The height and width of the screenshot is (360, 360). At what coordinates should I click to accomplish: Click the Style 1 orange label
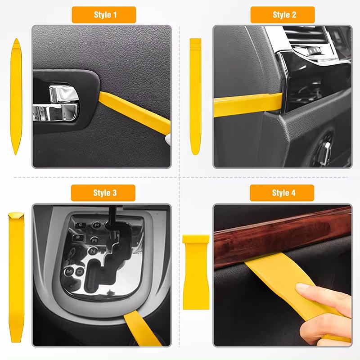[104, 15]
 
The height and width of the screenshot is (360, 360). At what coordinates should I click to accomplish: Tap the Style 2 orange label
[283, 15]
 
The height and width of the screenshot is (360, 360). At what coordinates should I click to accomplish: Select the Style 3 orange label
[103, 193]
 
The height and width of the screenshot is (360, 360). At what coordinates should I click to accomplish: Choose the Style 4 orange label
[282, 193]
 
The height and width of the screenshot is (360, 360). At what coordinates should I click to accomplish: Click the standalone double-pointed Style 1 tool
[16, 96]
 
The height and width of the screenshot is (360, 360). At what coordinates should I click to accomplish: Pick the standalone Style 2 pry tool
[195, 96]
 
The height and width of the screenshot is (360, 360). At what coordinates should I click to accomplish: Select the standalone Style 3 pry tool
[16, 277]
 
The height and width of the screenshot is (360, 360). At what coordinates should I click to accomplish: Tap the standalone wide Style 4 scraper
[196, 272]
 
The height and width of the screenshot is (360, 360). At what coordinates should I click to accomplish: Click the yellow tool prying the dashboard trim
[248, 104]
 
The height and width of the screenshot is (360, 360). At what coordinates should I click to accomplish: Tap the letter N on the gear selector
[93, 251]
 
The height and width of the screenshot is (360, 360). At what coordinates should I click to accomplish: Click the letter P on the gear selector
[97, 225]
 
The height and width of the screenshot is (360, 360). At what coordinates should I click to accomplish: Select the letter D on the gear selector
[80, 272]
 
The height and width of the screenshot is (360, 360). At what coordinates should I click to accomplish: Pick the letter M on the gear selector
[69, 272]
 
